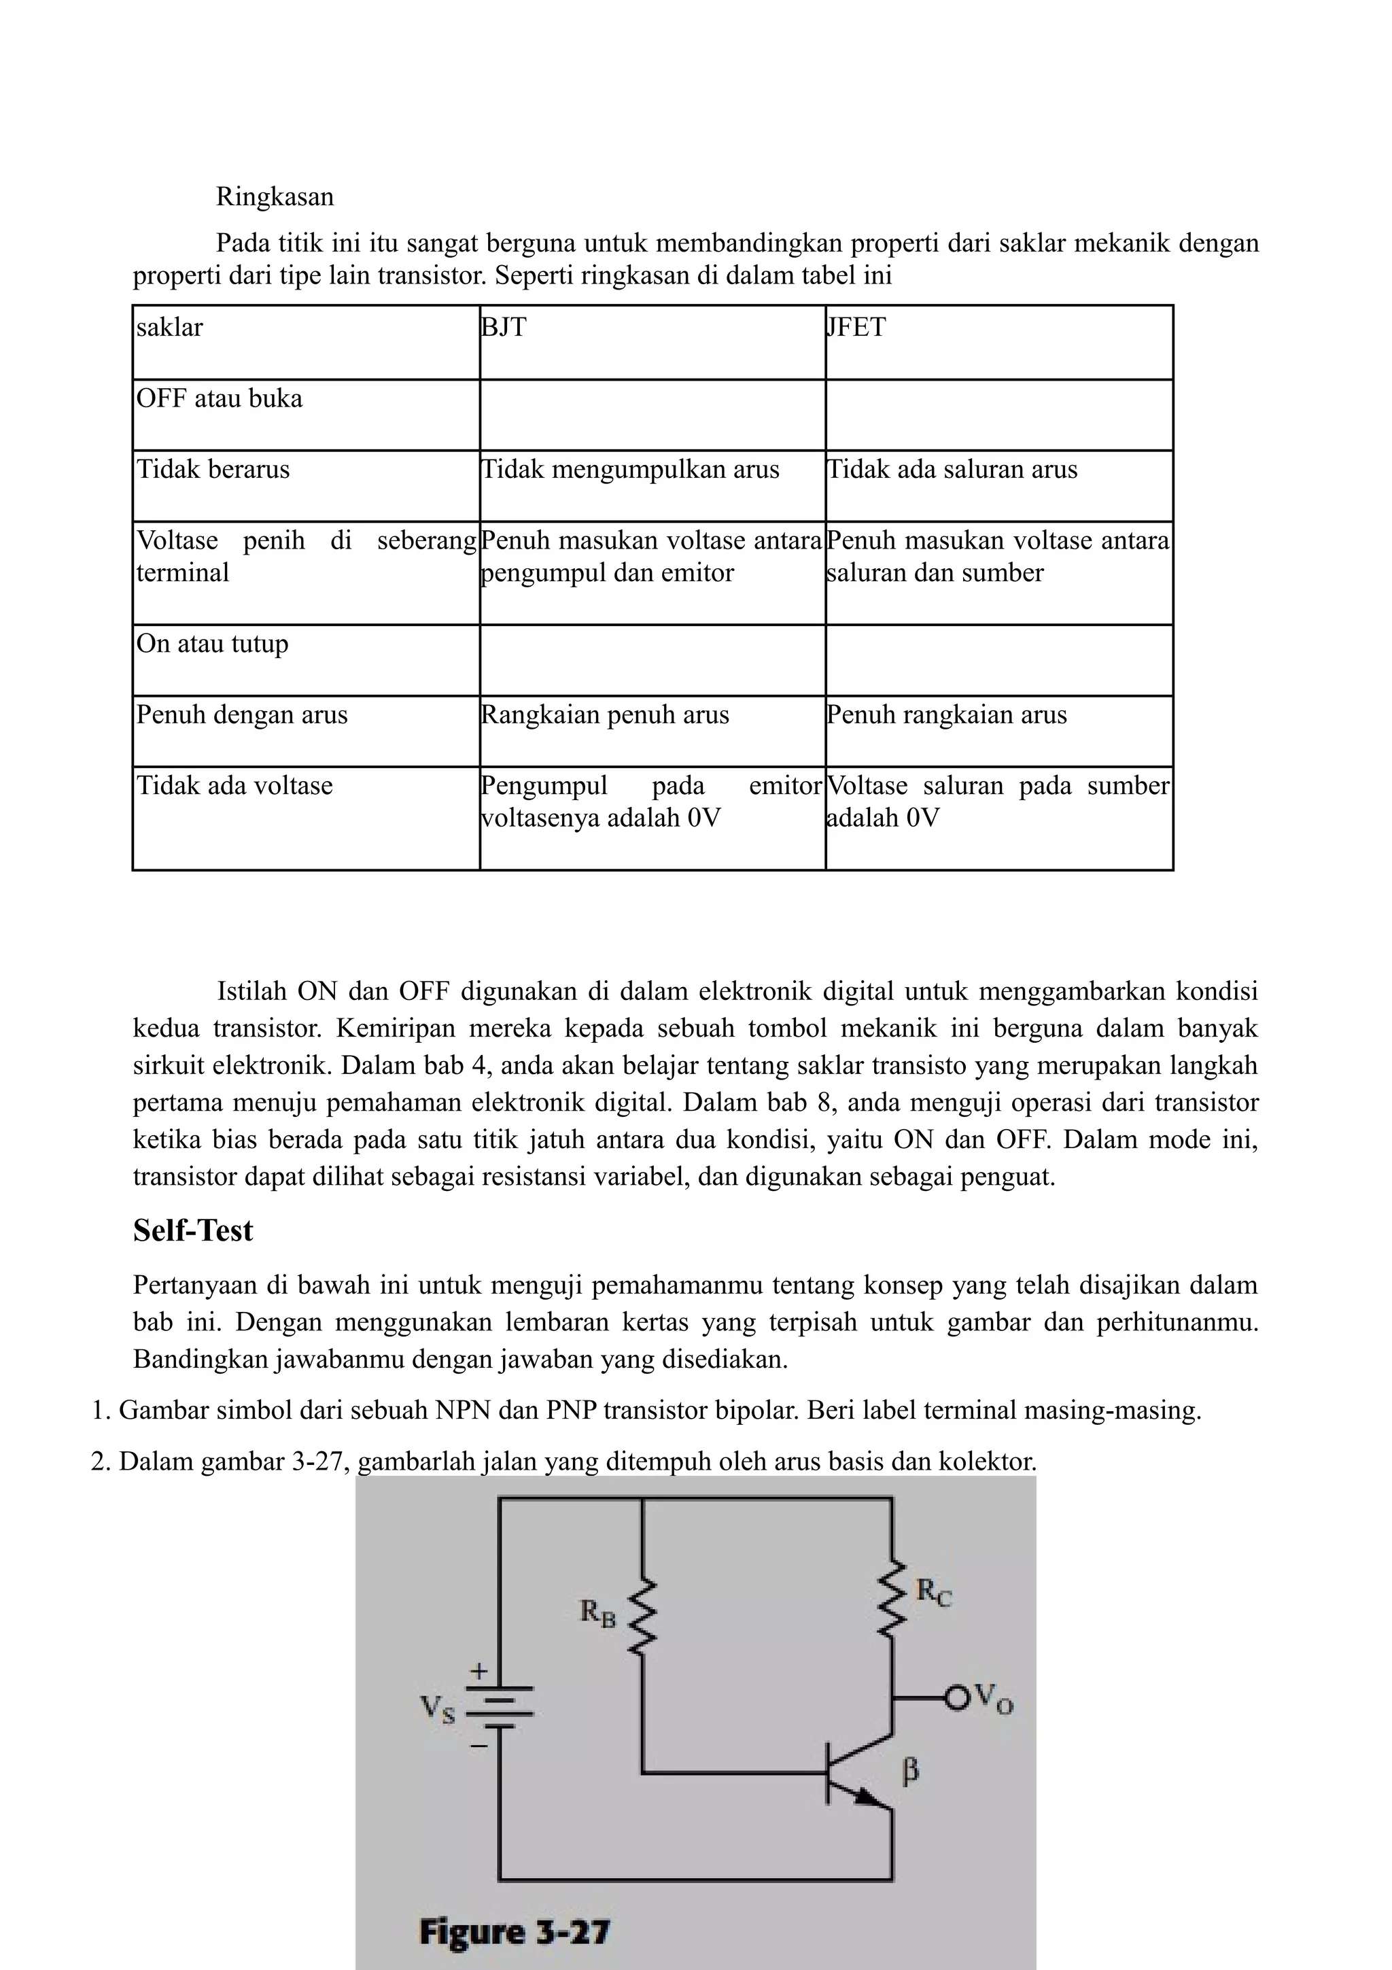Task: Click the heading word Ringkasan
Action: click(x=275, y=196)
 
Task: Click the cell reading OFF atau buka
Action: click(x=305, y=415)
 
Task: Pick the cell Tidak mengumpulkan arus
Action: click(x=652, y=485)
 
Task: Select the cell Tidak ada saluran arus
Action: click(x=998, y=485)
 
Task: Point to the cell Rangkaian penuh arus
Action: click(x=652, y=730)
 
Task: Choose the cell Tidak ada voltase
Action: click(x=305, y=817)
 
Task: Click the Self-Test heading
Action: click(x=193, y=1230)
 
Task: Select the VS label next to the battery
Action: click(x=438, y=1709)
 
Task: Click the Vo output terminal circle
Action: click(x=956, y=1697)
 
